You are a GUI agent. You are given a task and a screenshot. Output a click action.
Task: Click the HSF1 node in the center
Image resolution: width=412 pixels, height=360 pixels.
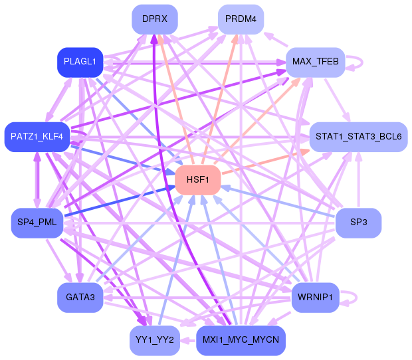point(197,180)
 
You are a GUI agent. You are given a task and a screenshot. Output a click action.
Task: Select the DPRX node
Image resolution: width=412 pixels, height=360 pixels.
point(154,19)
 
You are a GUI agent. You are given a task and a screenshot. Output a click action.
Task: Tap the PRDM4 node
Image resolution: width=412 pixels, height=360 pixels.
point(241,19)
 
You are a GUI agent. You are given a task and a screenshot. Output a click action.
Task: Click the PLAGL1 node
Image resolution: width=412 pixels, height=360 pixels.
point(80,62)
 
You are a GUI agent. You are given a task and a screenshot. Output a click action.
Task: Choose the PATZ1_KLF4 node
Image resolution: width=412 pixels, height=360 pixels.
point(37,137)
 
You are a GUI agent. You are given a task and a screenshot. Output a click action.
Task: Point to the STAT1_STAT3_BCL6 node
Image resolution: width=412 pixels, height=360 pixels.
point(358,137)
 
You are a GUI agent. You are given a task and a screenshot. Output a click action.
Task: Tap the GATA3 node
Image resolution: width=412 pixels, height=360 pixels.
point(80,297)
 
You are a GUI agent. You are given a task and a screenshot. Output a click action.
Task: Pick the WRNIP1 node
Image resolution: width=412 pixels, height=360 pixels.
point(315,297)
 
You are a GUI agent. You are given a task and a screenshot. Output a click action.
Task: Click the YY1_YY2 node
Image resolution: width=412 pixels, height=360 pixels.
point(154,340)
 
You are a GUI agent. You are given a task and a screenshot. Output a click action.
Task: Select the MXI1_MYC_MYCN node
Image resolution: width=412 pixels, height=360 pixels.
point(241,340)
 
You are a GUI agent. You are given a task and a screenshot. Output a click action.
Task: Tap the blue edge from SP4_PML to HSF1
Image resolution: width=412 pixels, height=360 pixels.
point(120,201)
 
